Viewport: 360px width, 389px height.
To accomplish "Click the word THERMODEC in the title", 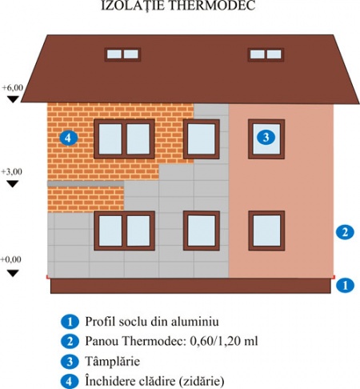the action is [212, 6].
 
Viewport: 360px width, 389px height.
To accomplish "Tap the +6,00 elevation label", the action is [13, 87].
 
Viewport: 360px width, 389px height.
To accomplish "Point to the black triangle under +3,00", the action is [13, 183].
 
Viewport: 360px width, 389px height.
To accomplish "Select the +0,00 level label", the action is [11, 259].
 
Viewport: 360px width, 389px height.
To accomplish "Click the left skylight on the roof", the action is [122, 54].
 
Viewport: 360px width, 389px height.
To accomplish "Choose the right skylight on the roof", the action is [266, 54].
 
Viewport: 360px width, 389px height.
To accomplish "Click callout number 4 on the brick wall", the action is [69, 138].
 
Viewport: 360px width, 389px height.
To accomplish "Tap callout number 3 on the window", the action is [266, 137].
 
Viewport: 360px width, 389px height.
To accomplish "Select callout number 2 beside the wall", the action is [345, 232].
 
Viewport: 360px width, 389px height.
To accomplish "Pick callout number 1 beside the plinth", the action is [345, 285].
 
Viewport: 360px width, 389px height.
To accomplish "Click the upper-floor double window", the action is [124, 139].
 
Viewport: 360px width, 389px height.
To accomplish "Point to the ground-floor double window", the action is [125, 231].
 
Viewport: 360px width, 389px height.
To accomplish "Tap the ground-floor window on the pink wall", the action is [266, 231].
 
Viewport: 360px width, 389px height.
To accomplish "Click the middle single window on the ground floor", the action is [202, 231].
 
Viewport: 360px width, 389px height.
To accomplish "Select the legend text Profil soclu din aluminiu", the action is [152, 321].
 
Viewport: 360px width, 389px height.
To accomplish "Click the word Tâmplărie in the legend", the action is [113, 361].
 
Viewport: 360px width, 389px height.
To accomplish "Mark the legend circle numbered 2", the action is [70, 342].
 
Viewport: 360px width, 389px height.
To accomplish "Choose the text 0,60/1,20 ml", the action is [224, 341].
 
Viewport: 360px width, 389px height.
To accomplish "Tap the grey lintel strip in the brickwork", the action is [86, 183].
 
